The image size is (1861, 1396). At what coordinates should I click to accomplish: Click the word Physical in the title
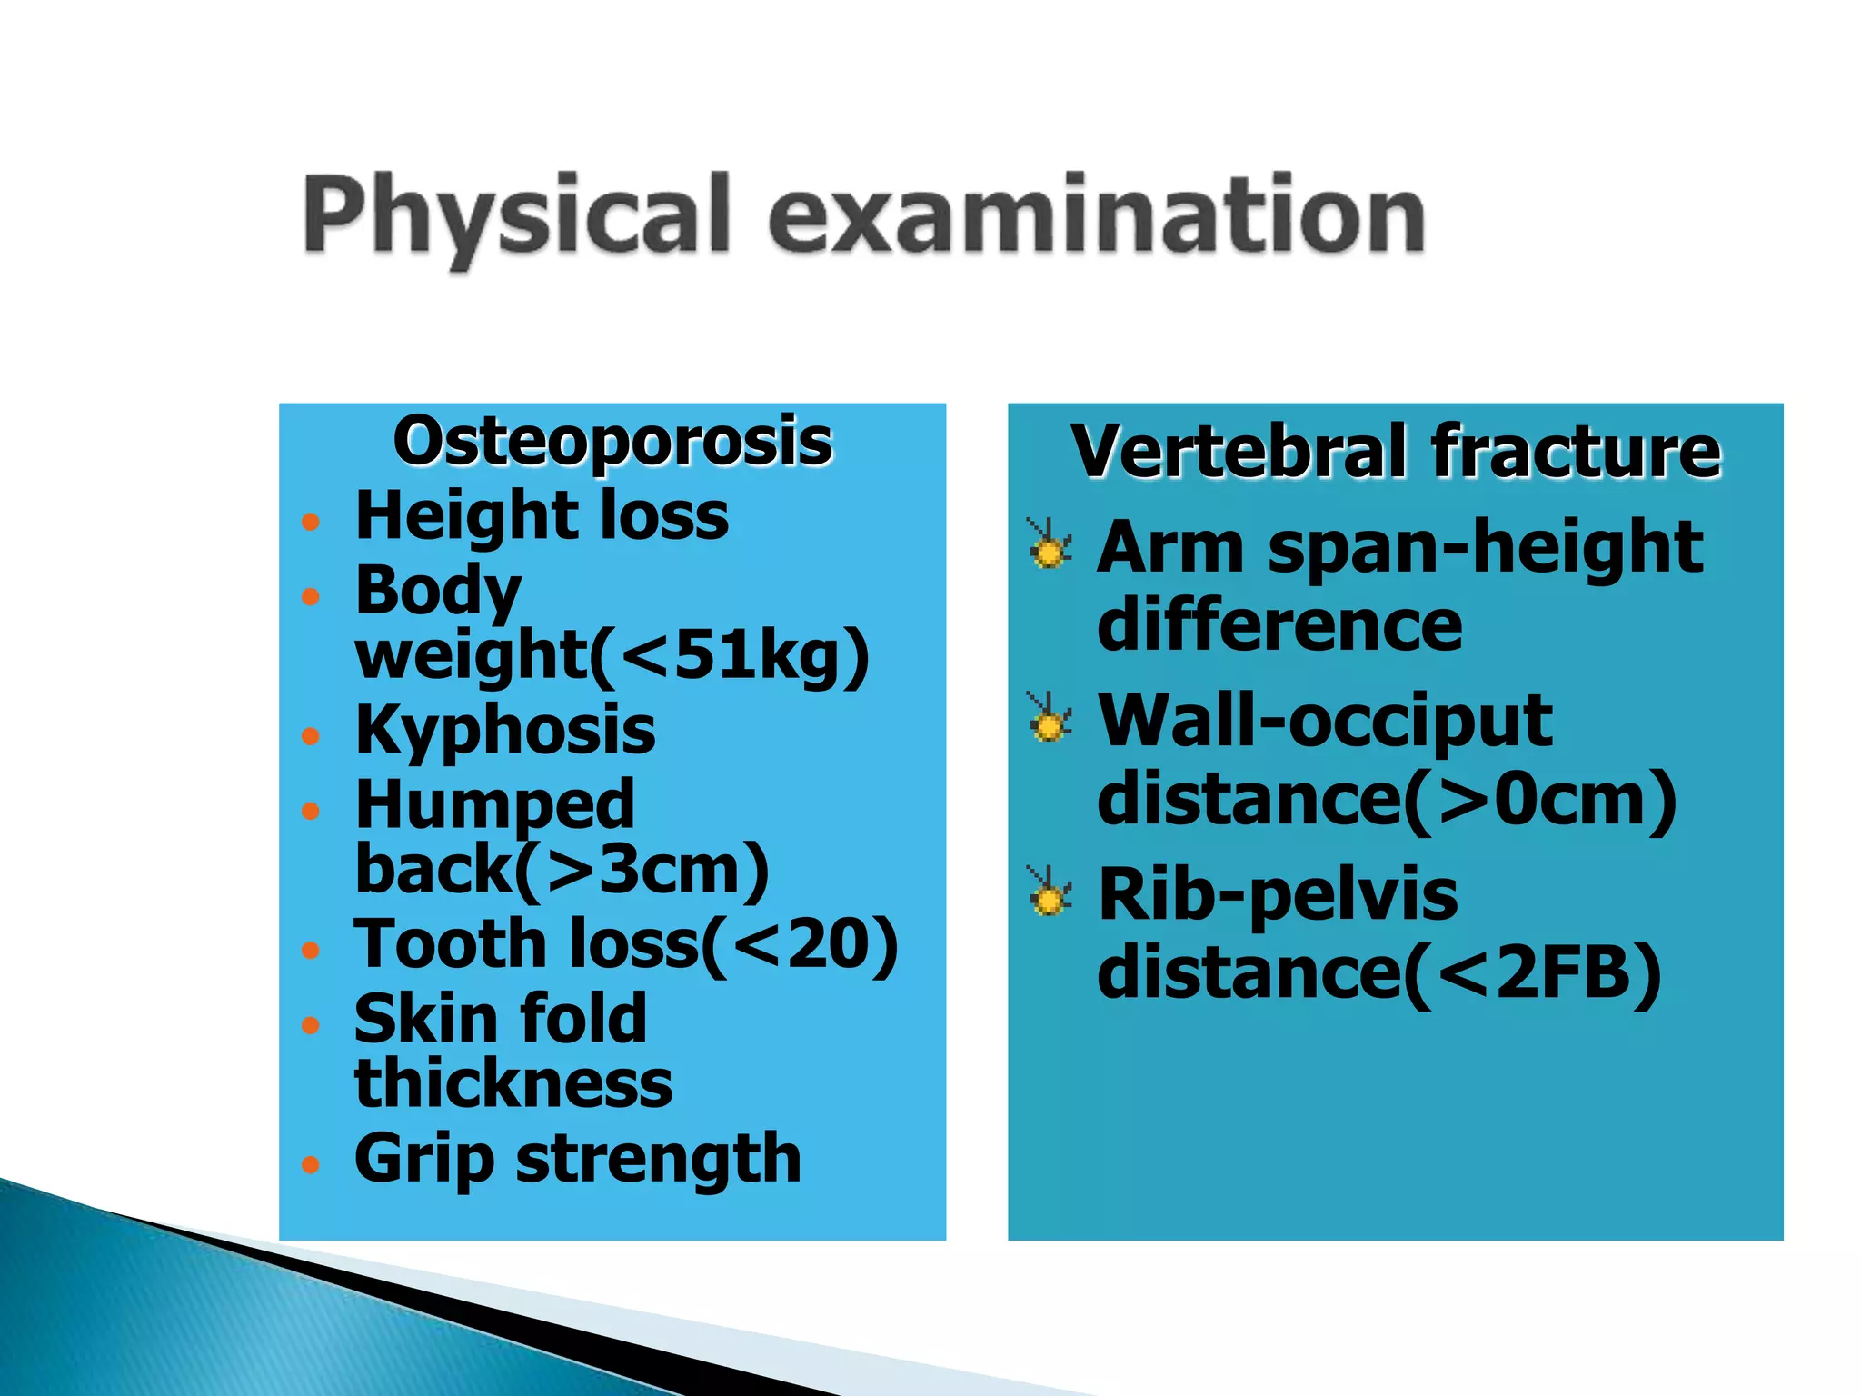516,214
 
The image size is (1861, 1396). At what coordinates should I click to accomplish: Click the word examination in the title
1098,214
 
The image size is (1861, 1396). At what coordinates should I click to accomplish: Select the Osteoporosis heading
612,442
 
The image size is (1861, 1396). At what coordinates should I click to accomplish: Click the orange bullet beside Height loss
311,522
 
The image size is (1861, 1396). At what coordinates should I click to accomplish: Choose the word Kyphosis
505,730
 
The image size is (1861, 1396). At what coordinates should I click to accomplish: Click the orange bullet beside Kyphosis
311,735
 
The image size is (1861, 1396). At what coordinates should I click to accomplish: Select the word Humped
494,805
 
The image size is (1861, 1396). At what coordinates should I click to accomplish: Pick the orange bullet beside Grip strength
311,1164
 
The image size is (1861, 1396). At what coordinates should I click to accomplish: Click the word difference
1279,625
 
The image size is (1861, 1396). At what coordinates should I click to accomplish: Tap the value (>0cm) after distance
1540,800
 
